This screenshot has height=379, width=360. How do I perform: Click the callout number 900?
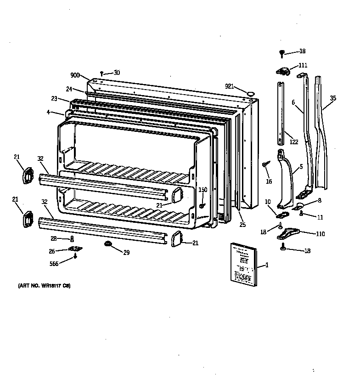(x=75, y=75)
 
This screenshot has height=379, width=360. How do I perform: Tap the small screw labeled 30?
(x=102, y=74)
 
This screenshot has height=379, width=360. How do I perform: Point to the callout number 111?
(x=303, y=65)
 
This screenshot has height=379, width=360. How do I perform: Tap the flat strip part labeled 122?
(x=280, y=113)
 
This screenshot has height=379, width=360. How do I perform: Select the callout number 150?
(x=202, y=189)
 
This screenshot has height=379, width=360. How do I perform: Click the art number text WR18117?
(x=45, y=286)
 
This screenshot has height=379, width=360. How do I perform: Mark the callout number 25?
(x=242, y=225)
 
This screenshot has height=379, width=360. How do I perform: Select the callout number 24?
(x=69, y=89)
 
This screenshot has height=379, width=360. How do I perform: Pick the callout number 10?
(x=267, y=201)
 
